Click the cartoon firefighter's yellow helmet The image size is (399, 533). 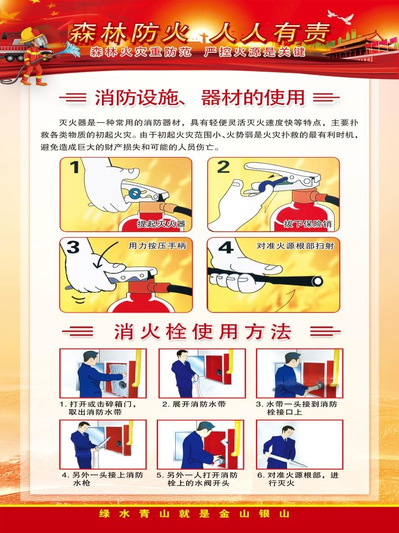coord(30,36)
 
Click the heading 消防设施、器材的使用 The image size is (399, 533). coord(200,98)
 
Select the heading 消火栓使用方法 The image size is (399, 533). coord(202,332)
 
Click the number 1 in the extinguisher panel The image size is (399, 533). coord(75,167)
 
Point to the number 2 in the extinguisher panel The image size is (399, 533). coord(223,167)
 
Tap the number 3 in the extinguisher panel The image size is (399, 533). coord(73,247)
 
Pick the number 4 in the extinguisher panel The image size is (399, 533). coord(226,247)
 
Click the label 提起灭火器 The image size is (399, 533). coord(161,224)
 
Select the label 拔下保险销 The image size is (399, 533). coord(308,224)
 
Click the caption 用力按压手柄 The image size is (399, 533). coord(157,245)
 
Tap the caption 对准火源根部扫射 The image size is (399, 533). coord(295,245)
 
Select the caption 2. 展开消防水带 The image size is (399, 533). coord(194,404)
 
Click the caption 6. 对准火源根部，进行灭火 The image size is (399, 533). coord(298,479)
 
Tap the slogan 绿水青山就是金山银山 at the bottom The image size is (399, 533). coord(195,513)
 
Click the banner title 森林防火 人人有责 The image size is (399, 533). coord(199,33)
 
